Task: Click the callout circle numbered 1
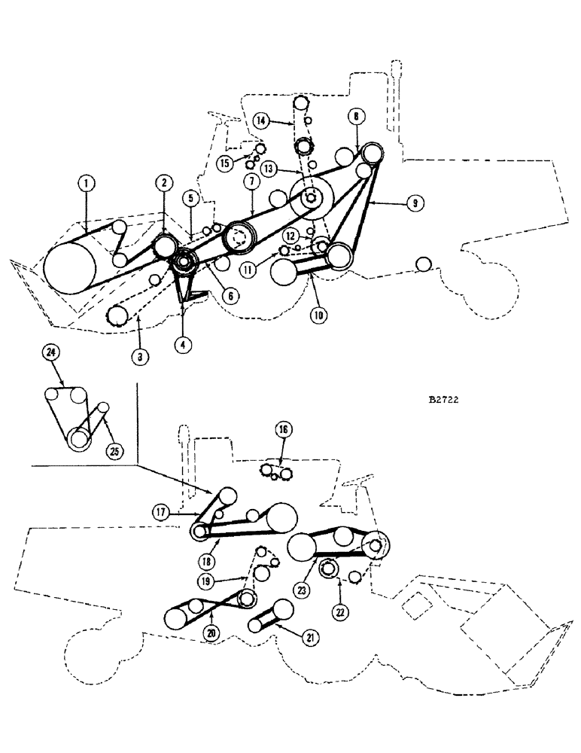(87, 182)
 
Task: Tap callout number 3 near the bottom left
(138, 357)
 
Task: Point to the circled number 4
(181, 344)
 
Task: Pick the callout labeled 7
(251, 181)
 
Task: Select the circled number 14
(260, 120)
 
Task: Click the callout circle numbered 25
(115, 452)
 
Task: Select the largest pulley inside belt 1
(70, 269)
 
